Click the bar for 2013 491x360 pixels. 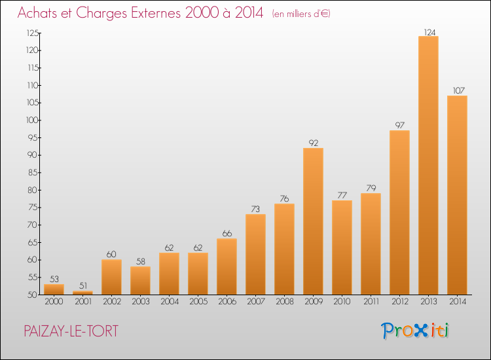(428, 166)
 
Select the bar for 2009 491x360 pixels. (313, 221)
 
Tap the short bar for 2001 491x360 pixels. (82, 293)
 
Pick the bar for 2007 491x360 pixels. (255, 254)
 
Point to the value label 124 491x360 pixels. (429, 32)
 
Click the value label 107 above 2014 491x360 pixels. (459, 91)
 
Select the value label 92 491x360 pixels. (314, 143)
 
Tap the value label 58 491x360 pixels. (141, 261)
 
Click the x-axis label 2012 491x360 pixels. (400, 302)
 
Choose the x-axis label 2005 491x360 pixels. (198, 302)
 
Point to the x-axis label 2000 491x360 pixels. (54, 302)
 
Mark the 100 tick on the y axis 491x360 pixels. (32, 120)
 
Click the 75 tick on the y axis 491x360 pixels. (33, 207)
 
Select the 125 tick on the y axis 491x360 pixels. (33, 33)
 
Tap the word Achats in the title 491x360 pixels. (37, 13)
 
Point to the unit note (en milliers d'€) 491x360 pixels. (301, 14)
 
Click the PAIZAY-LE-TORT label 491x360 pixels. (71, 331)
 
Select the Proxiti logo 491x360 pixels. (415, 331)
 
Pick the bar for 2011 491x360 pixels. (371, 244)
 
